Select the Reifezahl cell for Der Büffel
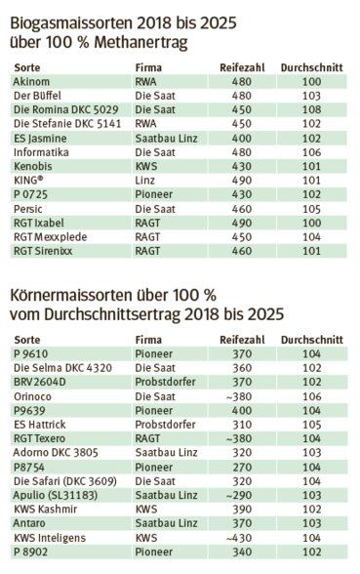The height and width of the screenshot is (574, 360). tap(242, 98)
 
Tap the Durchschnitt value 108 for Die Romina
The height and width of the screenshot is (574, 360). tap(311, 111)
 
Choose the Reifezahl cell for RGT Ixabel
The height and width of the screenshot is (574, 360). tap(242, 224)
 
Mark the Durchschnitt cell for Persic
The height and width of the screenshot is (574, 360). tap(311, 210)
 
